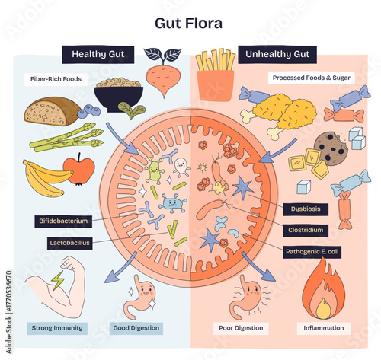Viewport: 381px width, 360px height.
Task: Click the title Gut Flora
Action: [190, 23]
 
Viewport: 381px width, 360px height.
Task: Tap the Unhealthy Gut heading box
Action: [276, 54]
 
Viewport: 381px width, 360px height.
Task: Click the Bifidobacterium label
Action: [65, 221]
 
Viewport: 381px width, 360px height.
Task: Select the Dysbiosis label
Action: [305, 208]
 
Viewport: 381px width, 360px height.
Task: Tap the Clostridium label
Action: [305, 228]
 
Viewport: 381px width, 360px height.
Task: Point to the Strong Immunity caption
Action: [58, 328]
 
